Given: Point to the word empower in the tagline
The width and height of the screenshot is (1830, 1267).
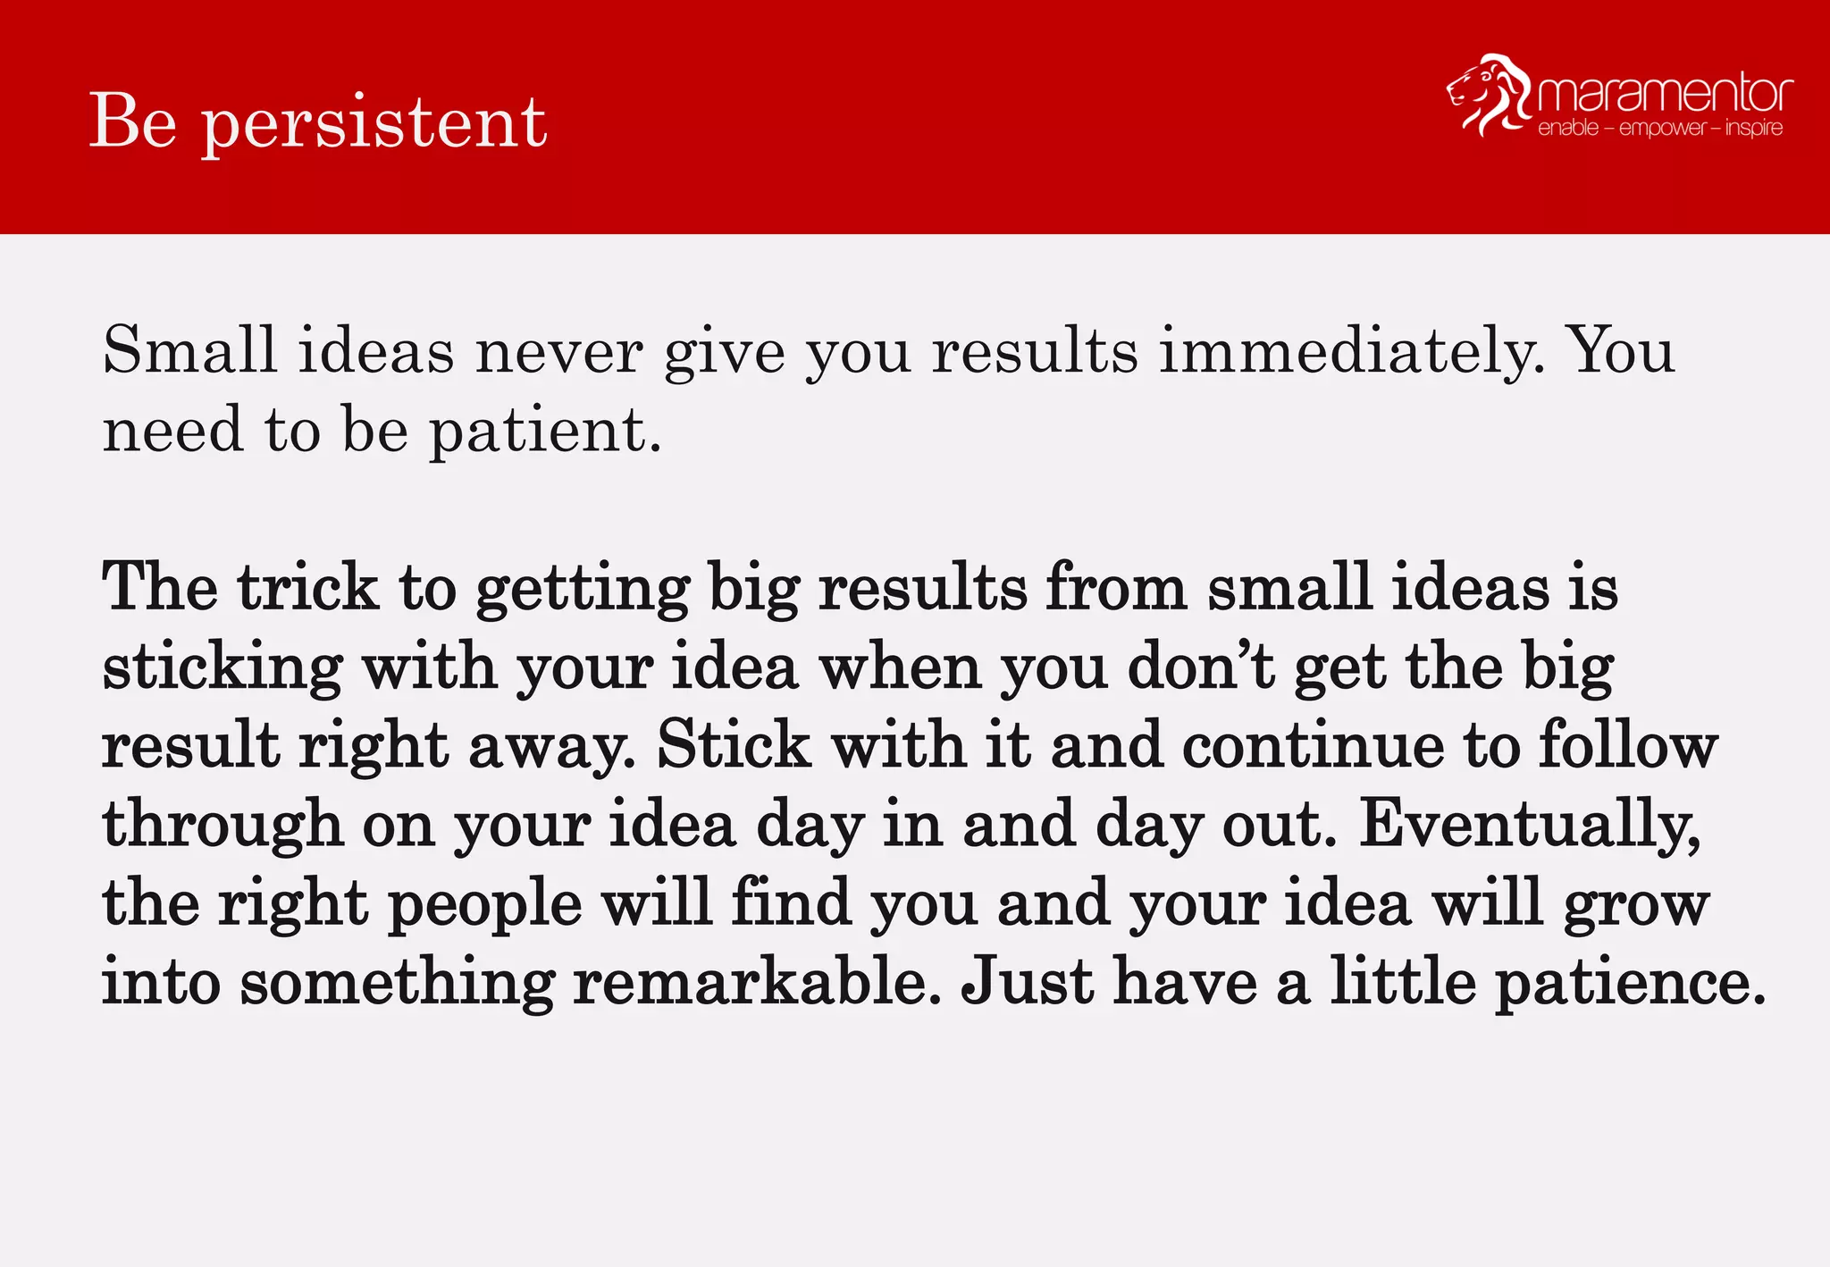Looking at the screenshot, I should (1662, 129).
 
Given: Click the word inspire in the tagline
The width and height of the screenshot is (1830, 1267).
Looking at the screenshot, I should (1753, 128).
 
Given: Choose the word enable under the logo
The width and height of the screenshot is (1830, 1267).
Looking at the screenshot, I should (1568, 129).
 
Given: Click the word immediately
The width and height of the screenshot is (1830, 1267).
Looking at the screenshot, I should (1351, 350).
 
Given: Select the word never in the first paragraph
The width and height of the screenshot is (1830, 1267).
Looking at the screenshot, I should (558, 351).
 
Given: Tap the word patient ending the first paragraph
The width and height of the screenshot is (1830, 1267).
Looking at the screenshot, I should (546, 431).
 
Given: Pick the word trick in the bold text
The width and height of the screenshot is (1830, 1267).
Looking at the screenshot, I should (308, 588).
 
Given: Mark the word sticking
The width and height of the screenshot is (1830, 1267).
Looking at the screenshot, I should (222, 667).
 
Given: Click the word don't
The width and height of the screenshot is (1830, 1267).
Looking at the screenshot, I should (1201, 667).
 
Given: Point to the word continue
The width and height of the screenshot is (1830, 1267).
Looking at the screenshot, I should (1314, 745).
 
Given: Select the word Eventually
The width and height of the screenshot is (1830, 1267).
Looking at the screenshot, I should (1529, 824).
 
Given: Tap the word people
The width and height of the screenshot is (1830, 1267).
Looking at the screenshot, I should (485, 904).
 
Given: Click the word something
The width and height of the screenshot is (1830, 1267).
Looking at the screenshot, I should (398, 983).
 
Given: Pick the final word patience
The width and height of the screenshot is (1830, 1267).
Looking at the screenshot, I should (1631, 983).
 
